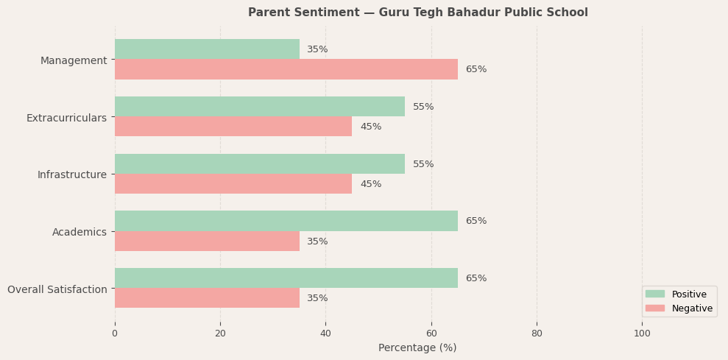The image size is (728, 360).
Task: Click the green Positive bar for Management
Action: (x=207, y=49)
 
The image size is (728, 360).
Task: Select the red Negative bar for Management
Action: (x=286, y=69)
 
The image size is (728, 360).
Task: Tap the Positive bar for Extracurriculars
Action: (x=259, y=107)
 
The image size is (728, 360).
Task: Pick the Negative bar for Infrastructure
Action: (x=233, y=184)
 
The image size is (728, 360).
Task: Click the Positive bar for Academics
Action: (x=286, y=221)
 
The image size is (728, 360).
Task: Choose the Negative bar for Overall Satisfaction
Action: (x=207, y=298)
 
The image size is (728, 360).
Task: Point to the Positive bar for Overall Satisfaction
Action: (x=286, y=278)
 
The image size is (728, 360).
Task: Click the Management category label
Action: (x=74, y=60)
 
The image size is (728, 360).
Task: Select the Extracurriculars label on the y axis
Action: (x=66, y=118)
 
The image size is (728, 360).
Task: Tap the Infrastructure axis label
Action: (x=72, y=174)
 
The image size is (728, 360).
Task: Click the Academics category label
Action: (x=79, y=232)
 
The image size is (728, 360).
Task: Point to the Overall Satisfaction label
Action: (x=57, y=289)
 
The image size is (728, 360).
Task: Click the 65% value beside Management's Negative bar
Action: (x=476, y=69)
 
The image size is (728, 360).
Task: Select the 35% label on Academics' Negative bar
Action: (x=317, y=241)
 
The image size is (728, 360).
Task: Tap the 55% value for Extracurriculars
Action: (x=423, y=107)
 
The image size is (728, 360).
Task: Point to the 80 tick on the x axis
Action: (x=537, y=333)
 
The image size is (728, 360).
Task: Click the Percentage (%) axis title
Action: (x=417, y=347)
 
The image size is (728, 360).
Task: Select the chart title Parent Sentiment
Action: (x=417, y=13)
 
